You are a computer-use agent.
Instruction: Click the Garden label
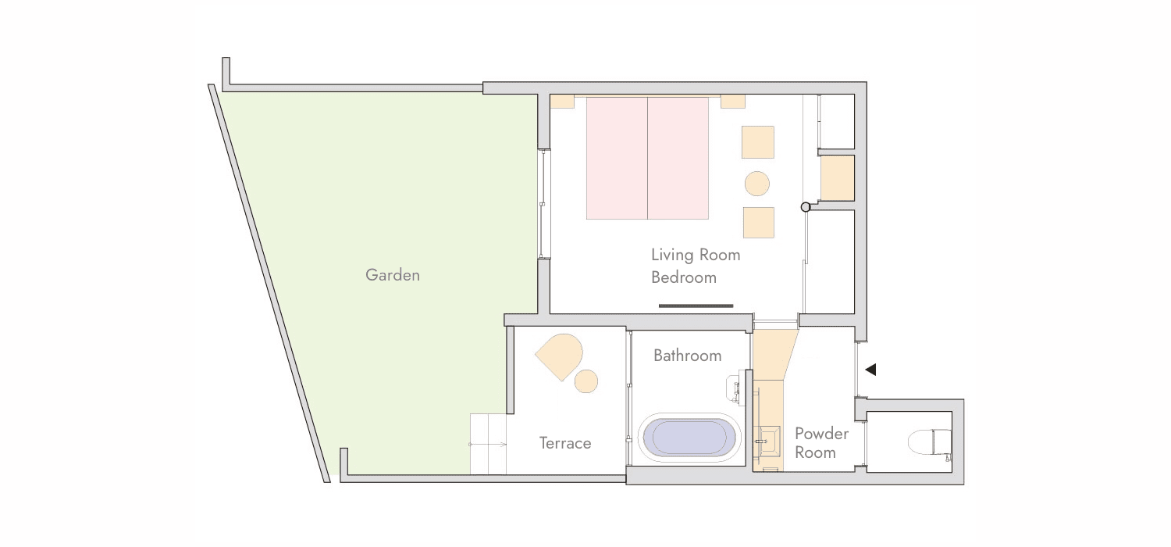pyautogui.click(x=393, y=275)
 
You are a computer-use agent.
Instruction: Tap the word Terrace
pyautogui.click(x=565, y=443)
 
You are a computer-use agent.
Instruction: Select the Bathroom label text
pyautogui.click(x=688, y=356)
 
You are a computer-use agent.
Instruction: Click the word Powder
pyautogui.click(x=821, y=434)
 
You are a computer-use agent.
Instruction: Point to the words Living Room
pyautogui.click(x=696, y=255)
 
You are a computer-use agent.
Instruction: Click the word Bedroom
pyautogui.click(x=684, y=277)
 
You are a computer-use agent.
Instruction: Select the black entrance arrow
pyautogui.click(x=870, y=370)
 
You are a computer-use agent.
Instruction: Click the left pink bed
pyautogui.click(x=617, y=158)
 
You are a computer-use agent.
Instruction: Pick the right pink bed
pyautogui.click(x=678, y=158)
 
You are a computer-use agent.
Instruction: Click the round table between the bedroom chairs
pyautogui.click(x=757, y=184)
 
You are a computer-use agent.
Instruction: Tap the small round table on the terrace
pyautogui.click(x=586, y=381)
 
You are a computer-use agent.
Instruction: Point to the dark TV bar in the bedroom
pyautogui.click(x=696, y=306)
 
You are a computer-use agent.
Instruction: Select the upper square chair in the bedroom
pyautogui.click(x=757, y=142)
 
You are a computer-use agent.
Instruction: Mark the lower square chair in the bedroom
pyautogui.click(x=759, y=223)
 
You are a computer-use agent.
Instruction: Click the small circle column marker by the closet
pyautogui.click(x=806, y=207)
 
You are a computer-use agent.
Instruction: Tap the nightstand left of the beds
pyautogui.click(x=562, y=102)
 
